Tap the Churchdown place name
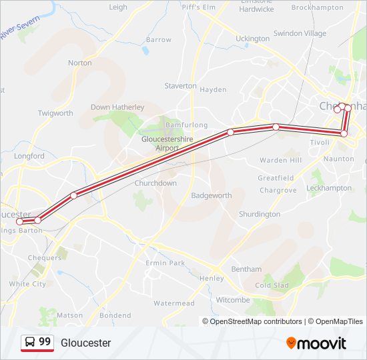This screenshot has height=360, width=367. point(155,183)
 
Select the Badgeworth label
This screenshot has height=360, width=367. point(211,195)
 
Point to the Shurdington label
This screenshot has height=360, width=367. point(260,214)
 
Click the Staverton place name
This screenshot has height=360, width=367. point(180,86)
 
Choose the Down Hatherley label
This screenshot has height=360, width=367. point(117,107)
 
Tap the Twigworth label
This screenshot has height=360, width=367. point(55,113)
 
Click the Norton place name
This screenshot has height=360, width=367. point(79,63)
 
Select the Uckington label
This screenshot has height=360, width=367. point(252,39)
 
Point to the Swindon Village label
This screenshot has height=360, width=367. point(300,33)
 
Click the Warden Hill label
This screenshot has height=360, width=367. point(280,160)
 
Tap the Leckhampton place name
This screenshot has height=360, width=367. point(328,188)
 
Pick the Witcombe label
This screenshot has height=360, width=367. point(232,300)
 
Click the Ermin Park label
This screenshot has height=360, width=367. point(165,263)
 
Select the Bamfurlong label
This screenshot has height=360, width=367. point(186,125)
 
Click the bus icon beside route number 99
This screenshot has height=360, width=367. point(30,342)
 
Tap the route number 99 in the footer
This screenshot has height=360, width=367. point(45,342)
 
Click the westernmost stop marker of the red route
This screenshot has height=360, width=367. point(20,221)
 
